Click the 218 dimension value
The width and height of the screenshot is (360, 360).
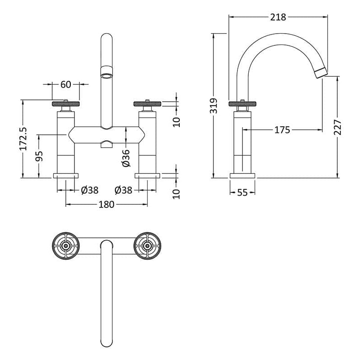[278, 17]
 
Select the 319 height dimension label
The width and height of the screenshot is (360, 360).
[214, 106]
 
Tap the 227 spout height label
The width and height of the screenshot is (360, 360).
[338, 127]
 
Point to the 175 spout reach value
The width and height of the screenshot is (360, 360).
[282, 130]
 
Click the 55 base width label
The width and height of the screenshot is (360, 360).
[242, 192]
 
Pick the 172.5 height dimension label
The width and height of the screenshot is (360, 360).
[23, 139]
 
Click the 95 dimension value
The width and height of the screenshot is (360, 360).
[39, 156]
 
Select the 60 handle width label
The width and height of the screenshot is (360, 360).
[66, 84]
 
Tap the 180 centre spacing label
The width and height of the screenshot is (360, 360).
[106, 204]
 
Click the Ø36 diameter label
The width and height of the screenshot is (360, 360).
[126, 158]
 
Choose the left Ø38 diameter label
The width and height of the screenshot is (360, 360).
[90, 190]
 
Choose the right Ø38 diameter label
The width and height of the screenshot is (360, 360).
[123, 190]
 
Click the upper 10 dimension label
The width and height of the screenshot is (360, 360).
[177, 122]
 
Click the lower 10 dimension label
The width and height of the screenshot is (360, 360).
[177, 194]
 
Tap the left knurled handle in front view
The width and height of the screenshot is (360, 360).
[66, 104]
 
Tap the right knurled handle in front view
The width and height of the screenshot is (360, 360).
[148, 104]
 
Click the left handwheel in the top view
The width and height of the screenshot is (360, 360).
[66, 246]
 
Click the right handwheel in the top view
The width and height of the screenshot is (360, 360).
[148, 246]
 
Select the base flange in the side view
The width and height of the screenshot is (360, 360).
[242, 176]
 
